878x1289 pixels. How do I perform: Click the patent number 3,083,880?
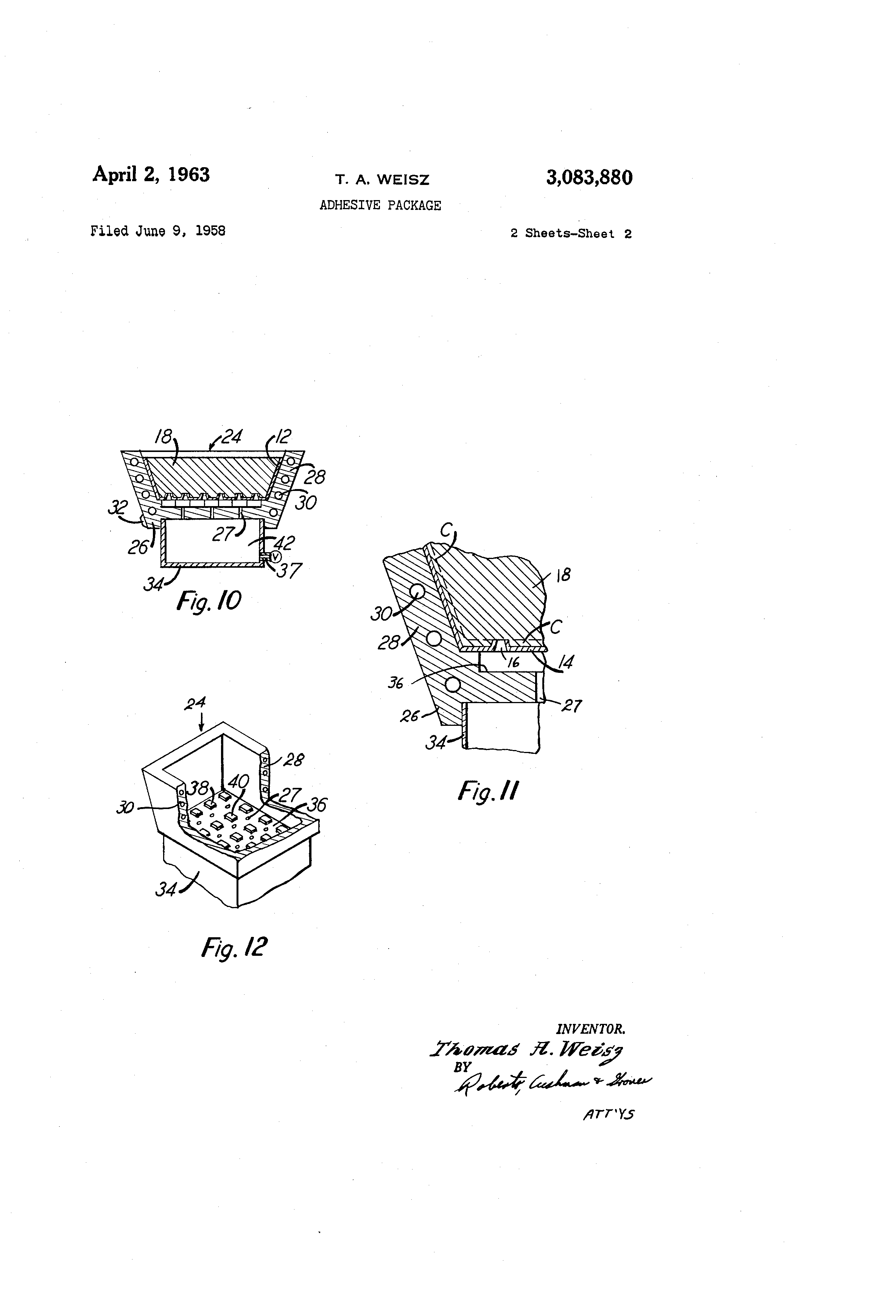[589, 177]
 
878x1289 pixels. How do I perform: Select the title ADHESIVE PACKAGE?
[380, 205]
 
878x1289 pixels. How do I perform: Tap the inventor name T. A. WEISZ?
[382, 180]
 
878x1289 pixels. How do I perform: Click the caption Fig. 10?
[209, 601]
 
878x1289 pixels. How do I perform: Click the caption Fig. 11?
[488, 791]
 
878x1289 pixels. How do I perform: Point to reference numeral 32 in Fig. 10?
[118, 507]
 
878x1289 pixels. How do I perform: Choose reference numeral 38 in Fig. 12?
[198, 787]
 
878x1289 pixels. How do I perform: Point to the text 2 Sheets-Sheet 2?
[571, 233]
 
